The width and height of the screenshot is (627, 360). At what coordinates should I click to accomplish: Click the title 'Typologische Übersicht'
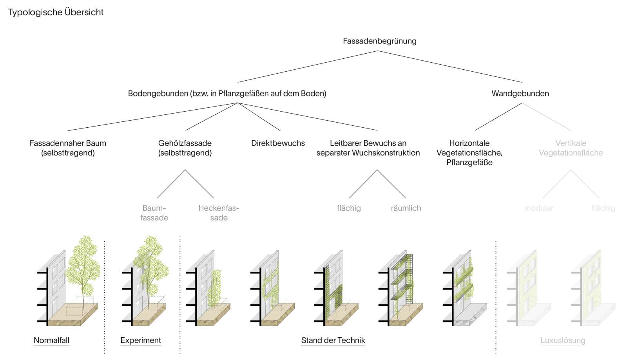coord(55,12)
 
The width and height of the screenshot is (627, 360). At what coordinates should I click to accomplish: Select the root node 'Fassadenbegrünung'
coord(379,41)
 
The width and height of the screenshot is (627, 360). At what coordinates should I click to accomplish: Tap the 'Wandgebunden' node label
coord(520,94)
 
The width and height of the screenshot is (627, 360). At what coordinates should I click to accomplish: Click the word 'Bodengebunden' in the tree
coord(158,94)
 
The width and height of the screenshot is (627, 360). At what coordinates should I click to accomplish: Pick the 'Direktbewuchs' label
coord(278,143)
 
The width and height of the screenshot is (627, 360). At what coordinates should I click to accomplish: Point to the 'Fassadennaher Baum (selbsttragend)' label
coord(68,148)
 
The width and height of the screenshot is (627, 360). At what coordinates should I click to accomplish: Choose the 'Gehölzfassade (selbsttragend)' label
coord(185,148)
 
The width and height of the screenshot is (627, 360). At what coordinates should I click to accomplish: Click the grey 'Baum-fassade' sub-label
coord(154,213)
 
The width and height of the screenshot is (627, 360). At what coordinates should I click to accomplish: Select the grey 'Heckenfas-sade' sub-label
coord(219,213)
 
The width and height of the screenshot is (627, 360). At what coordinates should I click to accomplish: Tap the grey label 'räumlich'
coord(406,208)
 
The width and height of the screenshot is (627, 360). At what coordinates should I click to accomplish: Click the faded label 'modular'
coord(538,208)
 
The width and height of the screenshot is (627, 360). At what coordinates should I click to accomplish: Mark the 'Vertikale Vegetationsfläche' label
coord(571,148)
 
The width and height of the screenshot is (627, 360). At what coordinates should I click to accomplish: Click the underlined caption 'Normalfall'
coord(51,340)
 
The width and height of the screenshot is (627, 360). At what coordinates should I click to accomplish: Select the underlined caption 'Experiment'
coord(141,340)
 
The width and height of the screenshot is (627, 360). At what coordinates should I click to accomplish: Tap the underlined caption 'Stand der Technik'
coord(333,340)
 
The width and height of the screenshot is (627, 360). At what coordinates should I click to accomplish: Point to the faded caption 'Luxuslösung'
coord(563,340)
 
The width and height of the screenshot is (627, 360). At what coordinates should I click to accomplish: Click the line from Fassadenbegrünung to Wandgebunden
coord(450,67)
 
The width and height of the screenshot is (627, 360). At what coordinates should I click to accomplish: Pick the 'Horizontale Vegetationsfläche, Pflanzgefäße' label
coord(469,153)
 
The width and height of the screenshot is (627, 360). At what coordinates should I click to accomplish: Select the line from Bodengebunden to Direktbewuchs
coord(259,116)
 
